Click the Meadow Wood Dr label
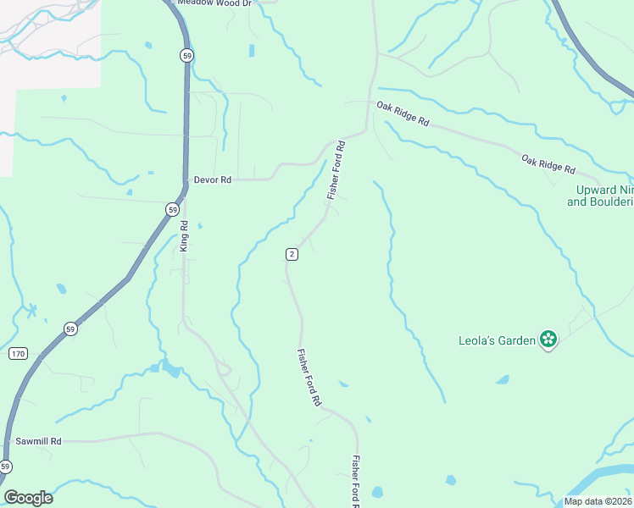tap(214, 3)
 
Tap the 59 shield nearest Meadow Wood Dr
tap(186, 55)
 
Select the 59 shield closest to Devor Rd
tap(173, 208)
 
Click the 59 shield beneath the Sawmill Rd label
tap(6, 467)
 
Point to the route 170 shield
tap(19, 352)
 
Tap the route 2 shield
tap(292, 254)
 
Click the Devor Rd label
tap(212, 179)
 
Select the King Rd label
tap(184, 236)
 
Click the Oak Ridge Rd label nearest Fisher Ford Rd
tap(403, 113)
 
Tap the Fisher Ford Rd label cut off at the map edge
tap(357, 483)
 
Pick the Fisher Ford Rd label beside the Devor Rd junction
tap(337, 170)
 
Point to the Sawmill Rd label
tap(39, 441)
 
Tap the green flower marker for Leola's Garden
tap(548, 340)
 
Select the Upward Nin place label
tap(600, 196)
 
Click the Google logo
tap(28, 498)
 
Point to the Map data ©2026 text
tap(598, 501)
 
